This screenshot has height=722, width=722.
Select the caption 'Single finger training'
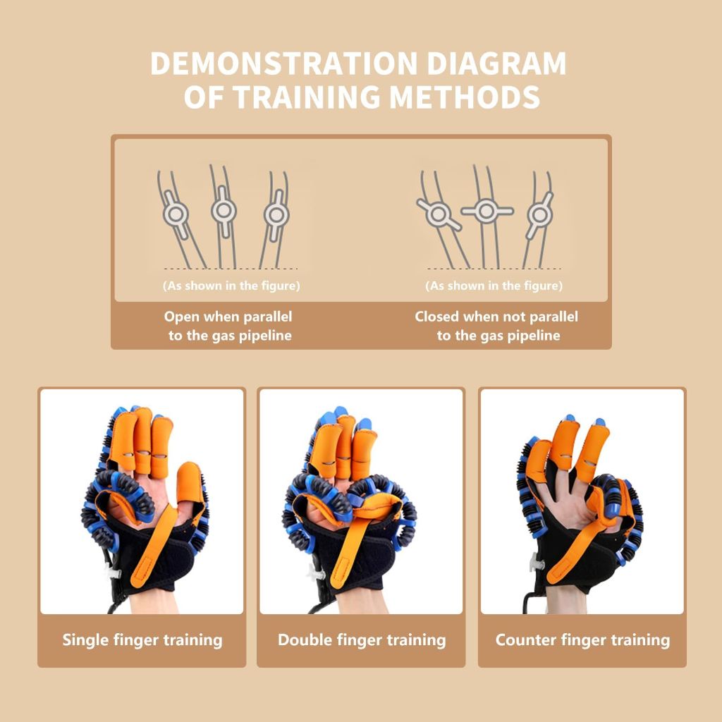[x=142, y=640]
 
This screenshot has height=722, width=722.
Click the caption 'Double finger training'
[x=362, y=640]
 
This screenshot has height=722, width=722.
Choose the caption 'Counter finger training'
[x=582, y=640]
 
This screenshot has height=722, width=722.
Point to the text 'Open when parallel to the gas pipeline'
[x=228, y=326]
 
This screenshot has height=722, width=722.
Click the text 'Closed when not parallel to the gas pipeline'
[x=496, y=326]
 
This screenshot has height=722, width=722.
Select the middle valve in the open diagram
[x=224, y=209]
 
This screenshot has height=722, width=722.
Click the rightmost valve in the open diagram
[x=274, y=213]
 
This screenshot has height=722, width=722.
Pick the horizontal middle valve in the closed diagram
[x=487, y=210]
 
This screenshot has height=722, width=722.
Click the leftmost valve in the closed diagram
[x=440, y=212]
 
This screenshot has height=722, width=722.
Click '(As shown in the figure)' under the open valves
[x=231, y=286]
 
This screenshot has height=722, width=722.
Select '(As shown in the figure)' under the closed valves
[x=494, y=286]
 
